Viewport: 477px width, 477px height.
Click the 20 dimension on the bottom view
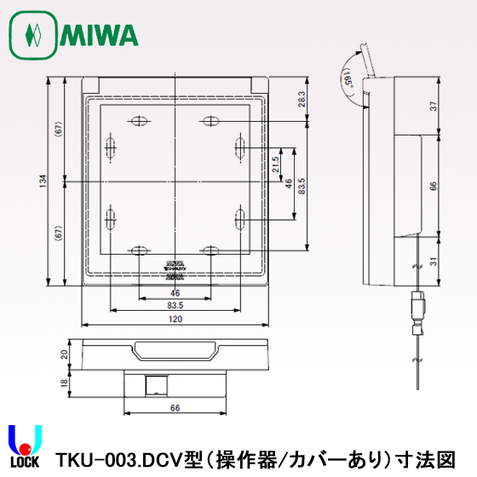[x=64, y=353]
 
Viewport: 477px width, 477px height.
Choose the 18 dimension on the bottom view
[x=64, y=382]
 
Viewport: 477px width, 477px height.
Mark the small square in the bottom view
[x=154, y=383]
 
